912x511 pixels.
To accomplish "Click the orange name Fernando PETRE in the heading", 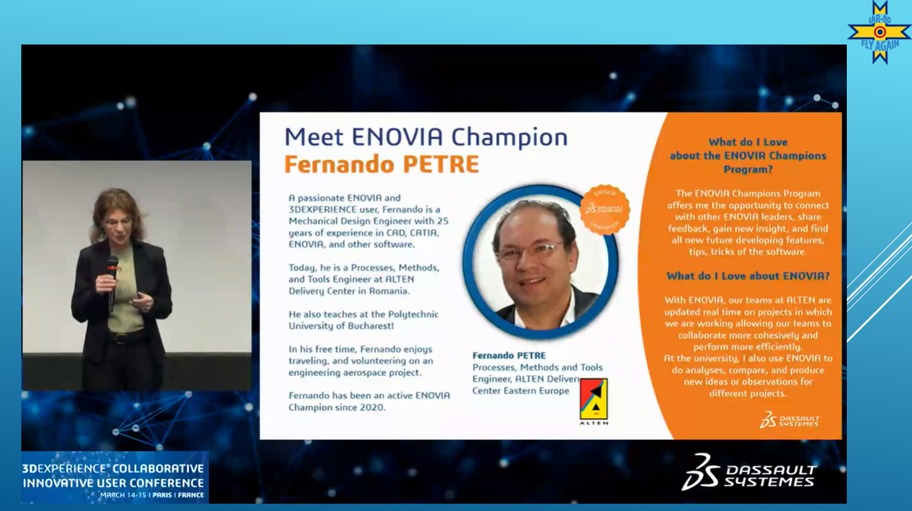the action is pos(381,164).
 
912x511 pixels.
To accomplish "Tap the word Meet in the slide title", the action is pos(314,137).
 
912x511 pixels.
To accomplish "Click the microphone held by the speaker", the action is pos(112,280).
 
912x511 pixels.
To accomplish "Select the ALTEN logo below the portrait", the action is pos(593,401).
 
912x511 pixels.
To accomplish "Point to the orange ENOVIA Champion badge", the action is pos(605,209).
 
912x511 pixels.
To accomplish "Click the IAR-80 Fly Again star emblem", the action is pos(879,32).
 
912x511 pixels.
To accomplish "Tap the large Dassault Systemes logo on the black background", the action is pos(749,472).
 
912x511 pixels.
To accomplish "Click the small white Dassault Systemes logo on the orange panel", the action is pos(789,420).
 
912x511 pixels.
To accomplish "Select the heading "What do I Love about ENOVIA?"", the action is pos(748,276).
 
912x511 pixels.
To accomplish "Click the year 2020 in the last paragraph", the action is pos(371,407).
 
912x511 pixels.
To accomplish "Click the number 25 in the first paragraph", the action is pos(442,221).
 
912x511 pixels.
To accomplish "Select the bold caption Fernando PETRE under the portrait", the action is pos(509,356).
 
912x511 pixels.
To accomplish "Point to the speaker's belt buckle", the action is pos(118,338).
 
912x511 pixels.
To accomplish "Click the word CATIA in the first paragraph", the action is pos(424,233).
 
